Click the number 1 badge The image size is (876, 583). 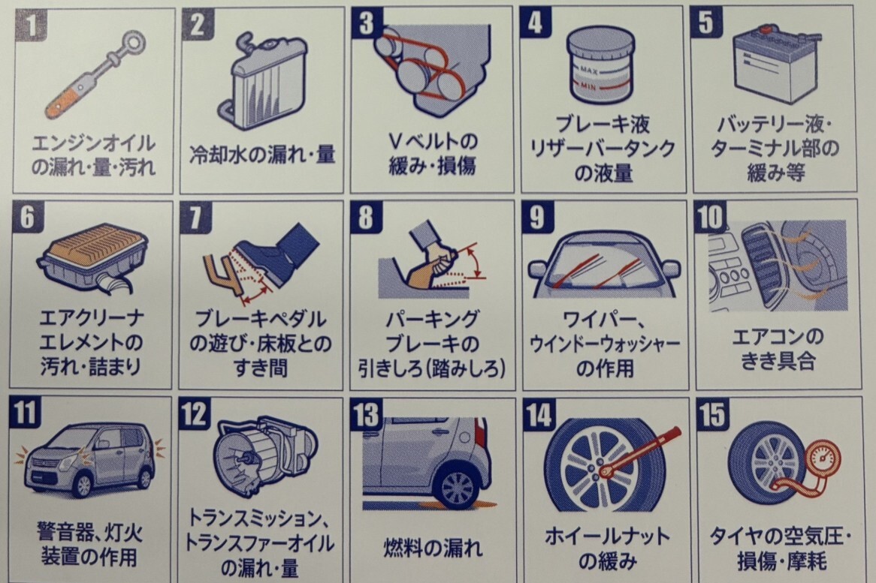point(32,26)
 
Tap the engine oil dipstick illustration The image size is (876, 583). point(95,75)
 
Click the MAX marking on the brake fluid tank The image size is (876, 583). point(589,71)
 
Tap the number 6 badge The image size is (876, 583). point(27,216)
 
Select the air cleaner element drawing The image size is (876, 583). point(92,257)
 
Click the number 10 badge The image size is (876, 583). point(711,216)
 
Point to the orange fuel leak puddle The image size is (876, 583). point(430,505)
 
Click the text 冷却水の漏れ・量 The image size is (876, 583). point(262,155)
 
